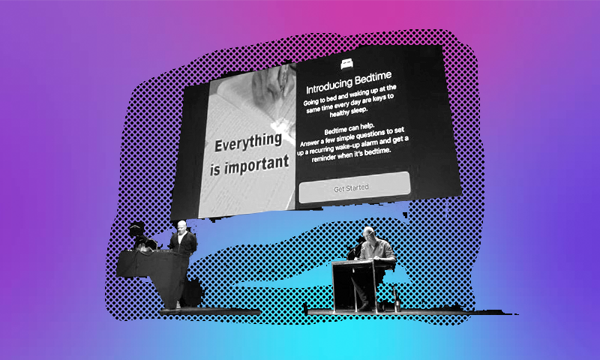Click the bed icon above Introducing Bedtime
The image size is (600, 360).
tap(346, 64)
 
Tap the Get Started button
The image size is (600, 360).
tap(355, 187)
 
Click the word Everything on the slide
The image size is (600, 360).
tap(248, 142)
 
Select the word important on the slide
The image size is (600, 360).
tap(256, 165)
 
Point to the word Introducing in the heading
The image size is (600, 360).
tap(329, 86)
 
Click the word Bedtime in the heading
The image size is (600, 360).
tap(373, 78)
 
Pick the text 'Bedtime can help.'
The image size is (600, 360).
tap(349, 128)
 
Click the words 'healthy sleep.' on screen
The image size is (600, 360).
tap(348, 111)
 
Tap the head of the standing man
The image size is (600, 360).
tap(181, 226)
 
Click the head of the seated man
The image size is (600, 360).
tap(368, 233)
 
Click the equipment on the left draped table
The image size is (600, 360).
tap(141, 236)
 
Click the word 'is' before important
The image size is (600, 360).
tap(215, 169)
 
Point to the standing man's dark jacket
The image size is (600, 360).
tap(183, 243)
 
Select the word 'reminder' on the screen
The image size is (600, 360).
tap(326, 157)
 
